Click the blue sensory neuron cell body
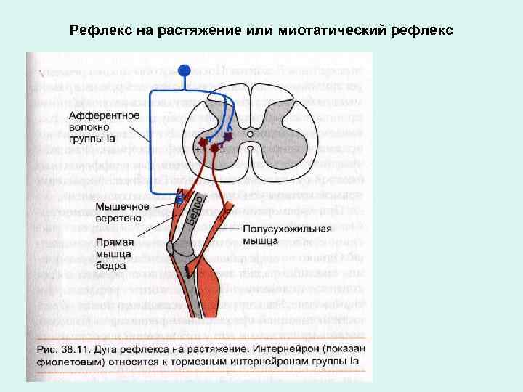185,70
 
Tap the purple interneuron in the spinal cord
228,136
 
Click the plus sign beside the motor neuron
198,147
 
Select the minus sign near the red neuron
222,152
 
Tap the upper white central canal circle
250,134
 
